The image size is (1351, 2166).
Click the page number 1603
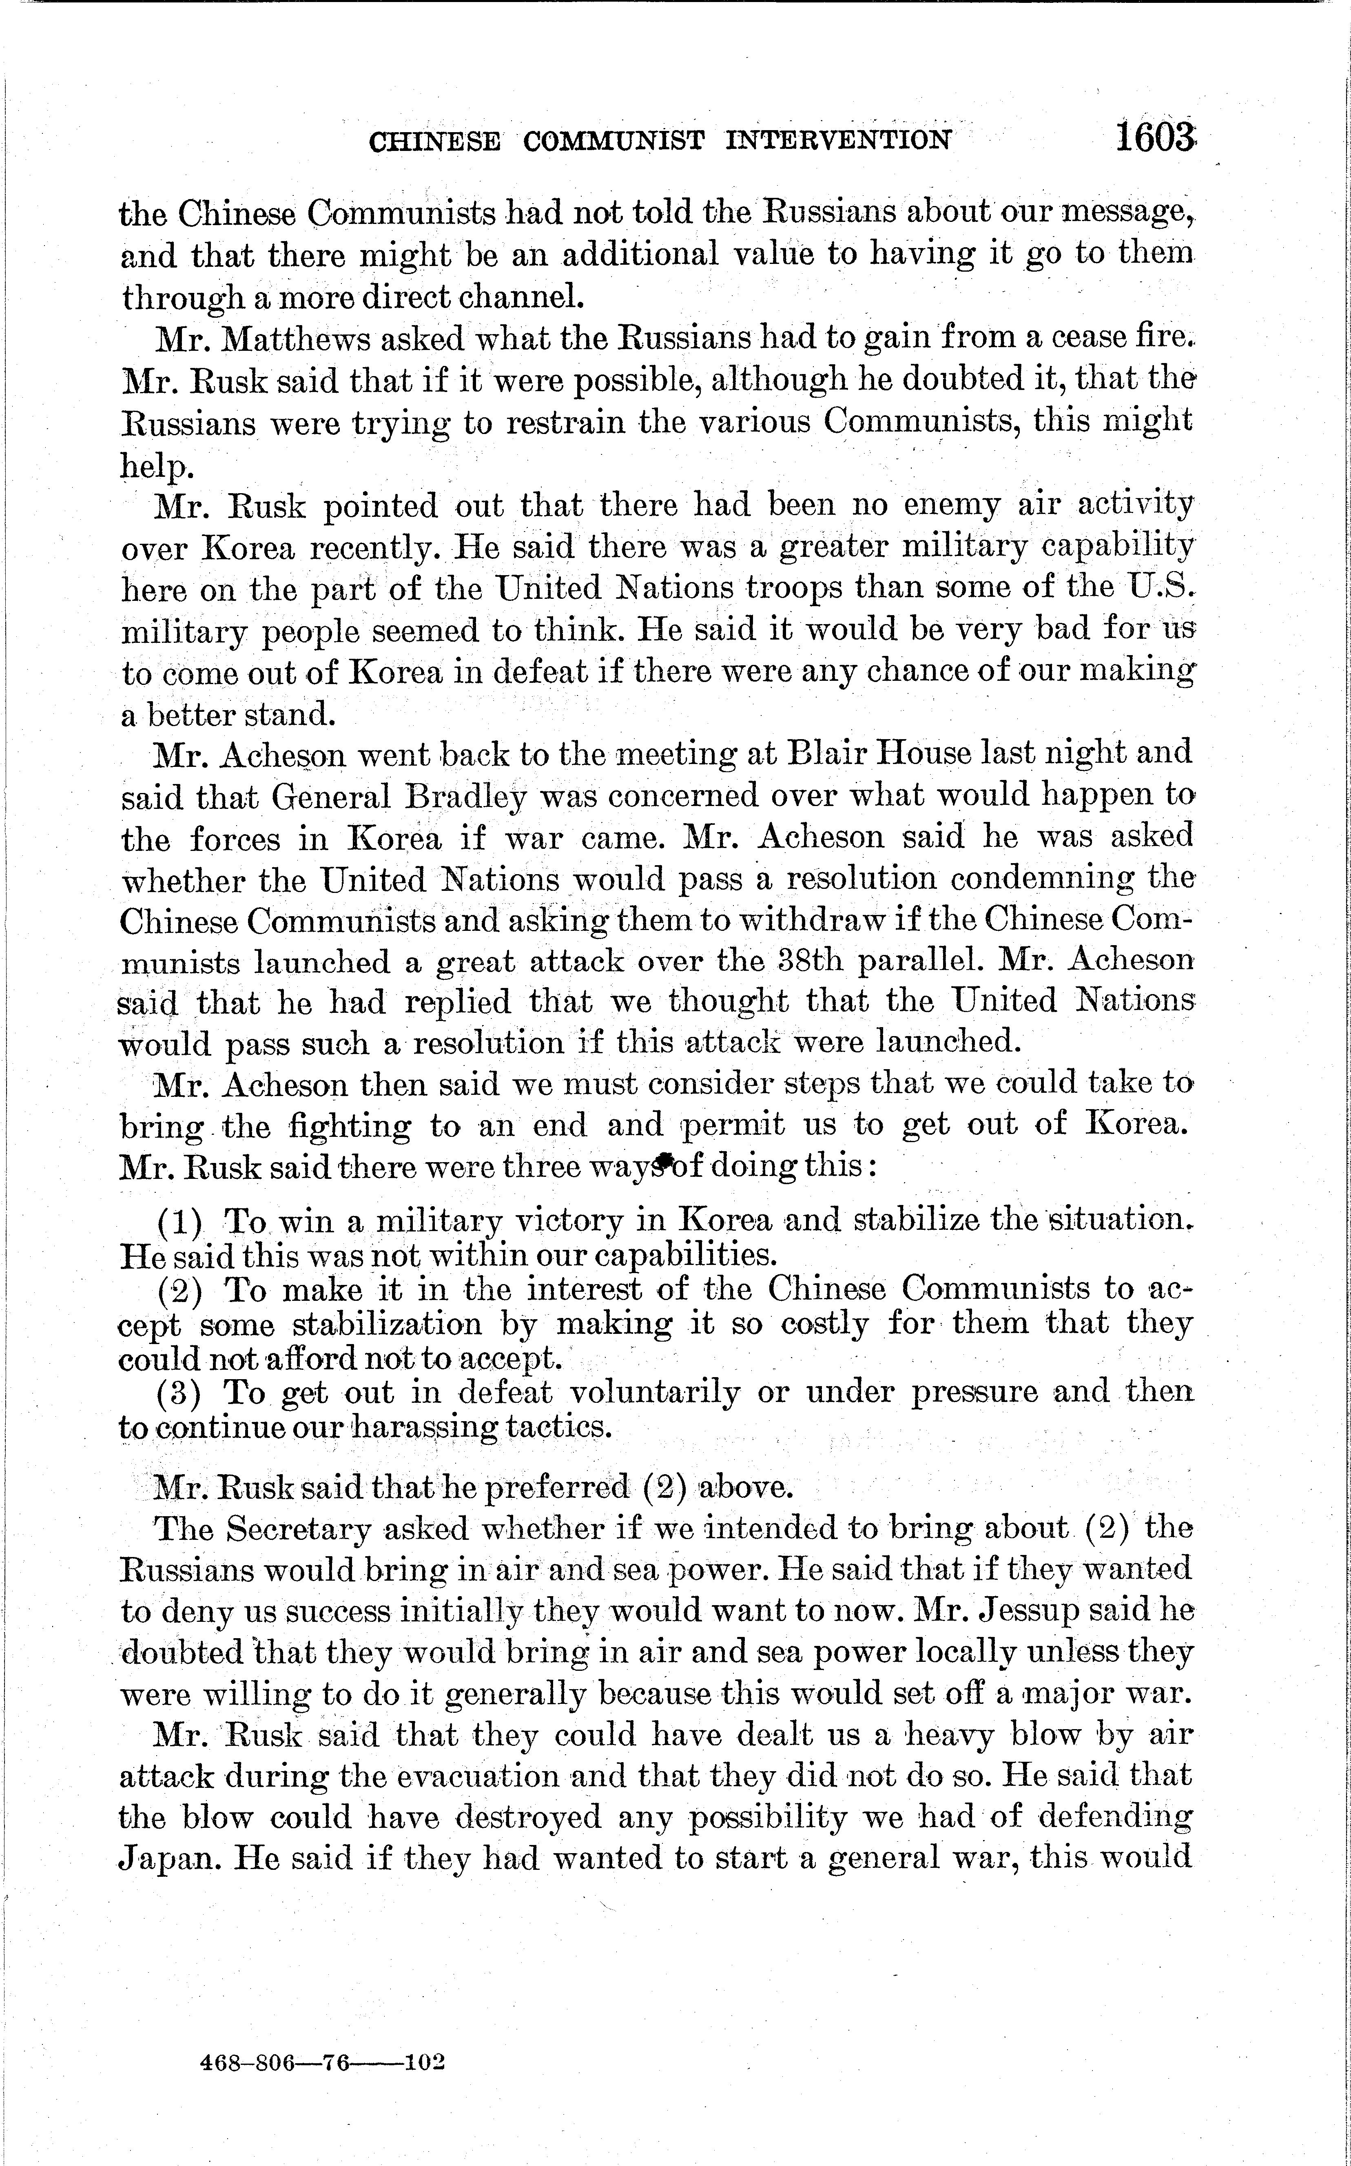[1154, 139]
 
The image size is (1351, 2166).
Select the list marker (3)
[180, 1393]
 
